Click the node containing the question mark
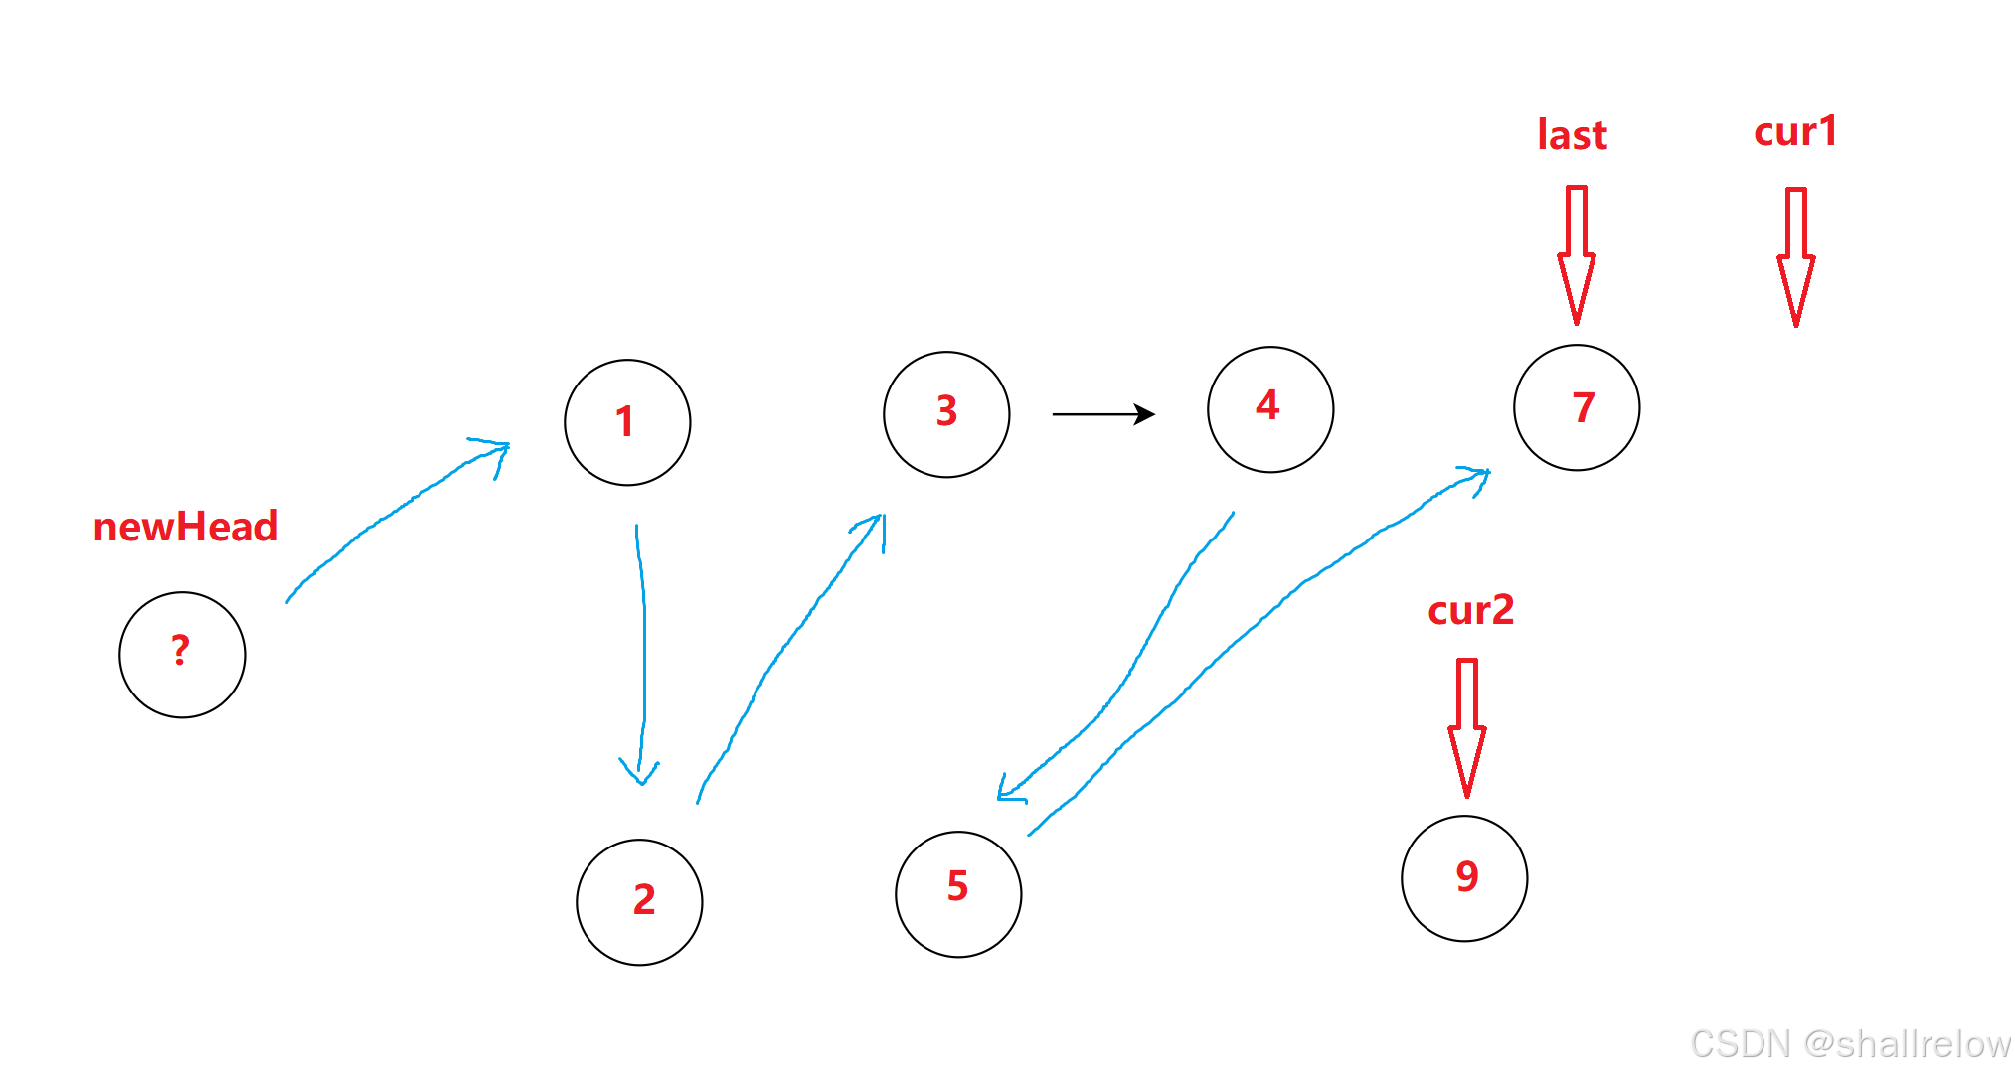(182, 655)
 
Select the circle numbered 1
(627, 422)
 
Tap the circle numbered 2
(639, 902)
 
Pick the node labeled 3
(946, 414)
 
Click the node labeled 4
(1270, 409)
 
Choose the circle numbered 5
(958, 894)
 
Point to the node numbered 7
(1577, 407)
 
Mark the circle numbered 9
(1464, 878)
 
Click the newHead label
(186, 527)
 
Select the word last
(1572, 135)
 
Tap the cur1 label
(1795, 131)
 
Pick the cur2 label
(1470, 609)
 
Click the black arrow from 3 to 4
(1102, 413)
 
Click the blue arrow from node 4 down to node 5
(1133, 666)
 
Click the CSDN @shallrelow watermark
(1850, 1044)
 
